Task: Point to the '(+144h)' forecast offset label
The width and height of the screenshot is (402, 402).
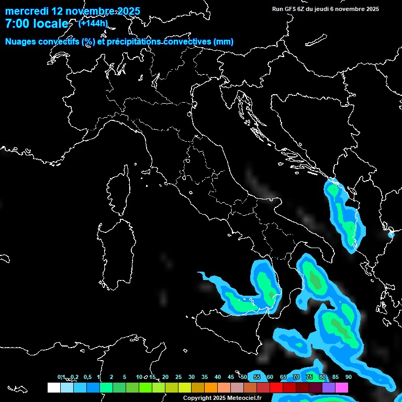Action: pos(93,23)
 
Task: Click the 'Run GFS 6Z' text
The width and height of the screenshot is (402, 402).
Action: pos(289,9)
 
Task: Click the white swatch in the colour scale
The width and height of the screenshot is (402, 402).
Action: pos(53,388)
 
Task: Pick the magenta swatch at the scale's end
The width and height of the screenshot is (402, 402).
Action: pos(342,388)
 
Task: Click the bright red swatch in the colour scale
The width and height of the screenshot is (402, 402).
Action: pos(276,388)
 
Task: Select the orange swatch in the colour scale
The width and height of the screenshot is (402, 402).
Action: pos(211,388)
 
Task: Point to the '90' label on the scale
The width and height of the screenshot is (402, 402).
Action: pos(348,377)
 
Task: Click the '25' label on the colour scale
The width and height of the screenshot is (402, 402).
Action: pos(178,377)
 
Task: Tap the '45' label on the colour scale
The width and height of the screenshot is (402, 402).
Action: pos(231,377)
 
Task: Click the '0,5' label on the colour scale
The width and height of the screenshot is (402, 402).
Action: pos(87,377)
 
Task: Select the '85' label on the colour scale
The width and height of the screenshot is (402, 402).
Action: pos(335,377)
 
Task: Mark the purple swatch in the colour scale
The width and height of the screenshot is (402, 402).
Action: pos(329,388)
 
